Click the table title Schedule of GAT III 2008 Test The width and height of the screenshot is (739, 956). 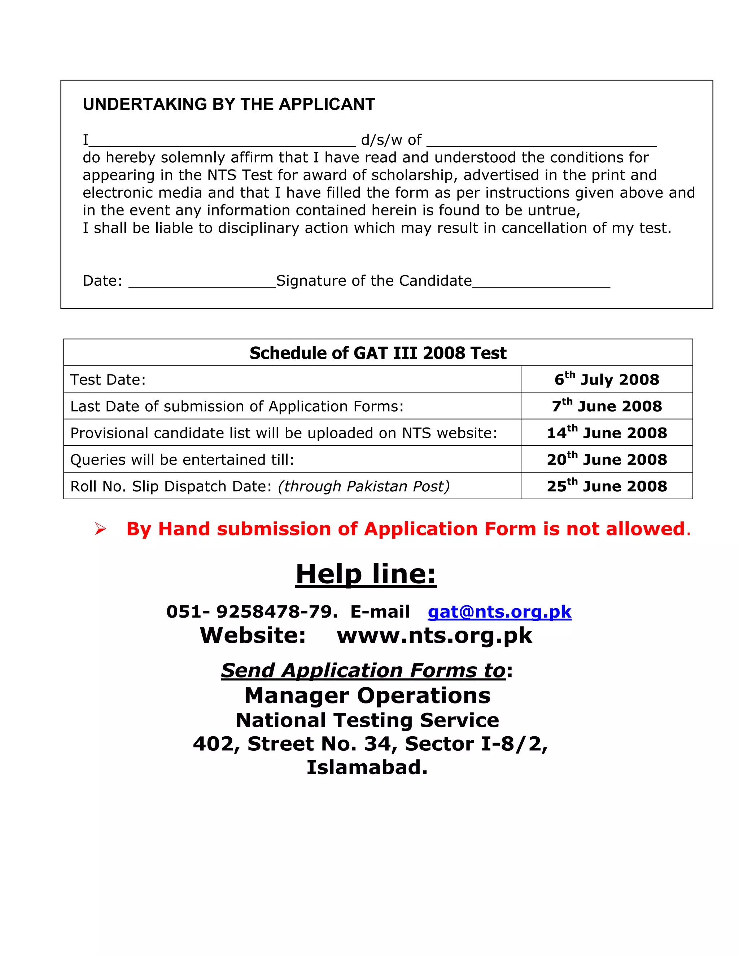coord(377,353)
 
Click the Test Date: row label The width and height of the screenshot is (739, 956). coord(108,380)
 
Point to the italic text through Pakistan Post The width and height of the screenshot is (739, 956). coord(364,486)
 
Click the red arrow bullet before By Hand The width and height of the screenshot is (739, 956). coord(100,529)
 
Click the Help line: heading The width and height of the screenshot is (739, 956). coord(366,574)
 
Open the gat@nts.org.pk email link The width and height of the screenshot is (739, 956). coord(499,611)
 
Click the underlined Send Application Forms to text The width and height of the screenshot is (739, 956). coord(363,671)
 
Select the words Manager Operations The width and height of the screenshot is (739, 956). coord(367,696)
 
